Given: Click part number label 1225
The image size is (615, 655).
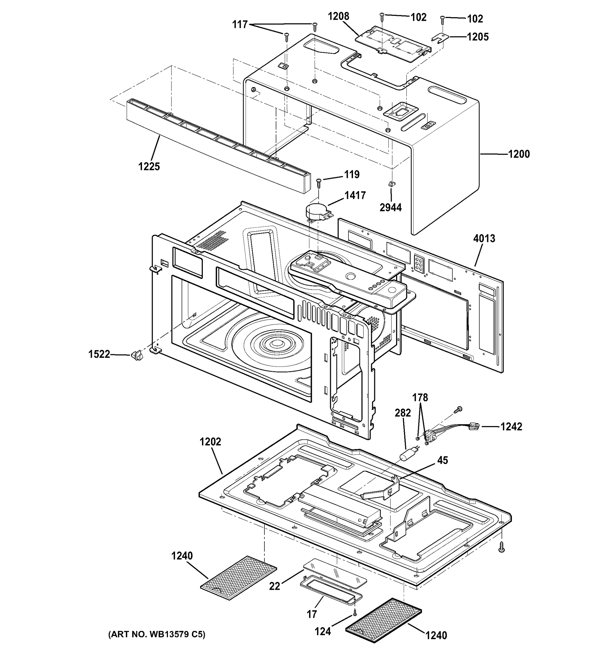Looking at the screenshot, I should [149, 167].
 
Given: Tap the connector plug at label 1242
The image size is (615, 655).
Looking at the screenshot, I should [474, 427].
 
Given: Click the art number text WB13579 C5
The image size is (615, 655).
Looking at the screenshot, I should [157, 635].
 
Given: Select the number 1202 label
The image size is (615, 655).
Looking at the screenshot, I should [210, 442].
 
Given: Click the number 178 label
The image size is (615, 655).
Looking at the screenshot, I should [420, 398].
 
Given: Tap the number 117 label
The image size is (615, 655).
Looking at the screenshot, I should [240, 24].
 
